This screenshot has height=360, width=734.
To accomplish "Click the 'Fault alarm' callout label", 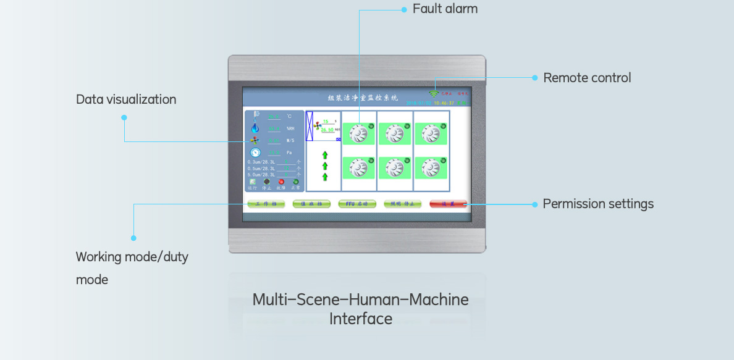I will (445, 9).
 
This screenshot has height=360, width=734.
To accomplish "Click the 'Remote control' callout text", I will (587, 78).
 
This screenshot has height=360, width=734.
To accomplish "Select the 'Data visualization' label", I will (126, 99).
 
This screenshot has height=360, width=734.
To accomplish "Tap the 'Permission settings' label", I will (597, 204).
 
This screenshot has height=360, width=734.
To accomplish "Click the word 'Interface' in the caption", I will (360, 319).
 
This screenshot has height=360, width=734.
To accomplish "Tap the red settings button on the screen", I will (448, 203).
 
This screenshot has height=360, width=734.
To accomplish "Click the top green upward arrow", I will (324, 155).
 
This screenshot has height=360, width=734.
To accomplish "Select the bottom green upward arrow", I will (324, 177).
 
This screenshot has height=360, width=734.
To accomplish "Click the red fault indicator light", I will (281, 182).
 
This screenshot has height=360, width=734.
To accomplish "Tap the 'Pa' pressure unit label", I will (289, 153).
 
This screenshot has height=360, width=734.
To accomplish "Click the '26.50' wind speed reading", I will (327, 130).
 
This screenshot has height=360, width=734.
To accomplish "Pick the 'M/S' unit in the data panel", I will (290, 140).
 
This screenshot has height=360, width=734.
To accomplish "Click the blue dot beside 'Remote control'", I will (535, 78).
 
